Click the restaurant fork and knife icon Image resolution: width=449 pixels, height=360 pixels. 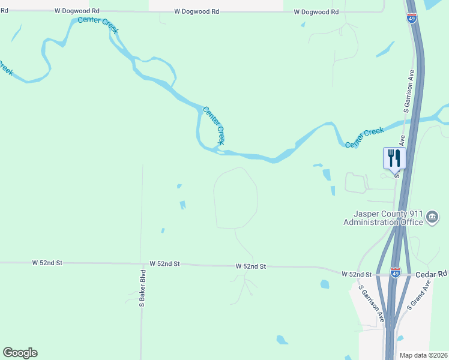[394, 158]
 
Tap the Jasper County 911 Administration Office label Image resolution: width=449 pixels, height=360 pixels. [383, 218]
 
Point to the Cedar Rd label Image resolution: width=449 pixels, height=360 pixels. [432, 274]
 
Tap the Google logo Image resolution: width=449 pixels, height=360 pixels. [20, 353]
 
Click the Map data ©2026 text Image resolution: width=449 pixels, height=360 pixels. [424, 355]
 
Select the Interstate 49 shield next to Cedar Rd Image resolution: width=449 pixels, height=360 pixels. [395, 273]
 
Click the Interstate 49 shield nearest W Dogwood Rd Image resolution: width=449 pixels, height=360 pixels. [412, 17]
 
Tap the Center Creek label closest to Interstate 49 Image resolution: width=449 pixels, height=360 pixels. [364, 138]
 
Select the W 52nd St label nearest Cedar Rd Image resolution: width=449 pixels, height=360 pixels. [357, 274]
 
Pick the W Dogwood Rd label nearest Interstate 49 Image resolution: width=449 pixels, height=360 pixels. [316, 12]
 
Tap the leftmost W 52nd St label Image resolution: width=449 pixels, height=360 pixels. [47, 263]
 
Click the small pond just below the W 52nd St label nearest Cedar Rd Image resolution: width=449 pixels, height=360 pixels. [325, 284]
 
